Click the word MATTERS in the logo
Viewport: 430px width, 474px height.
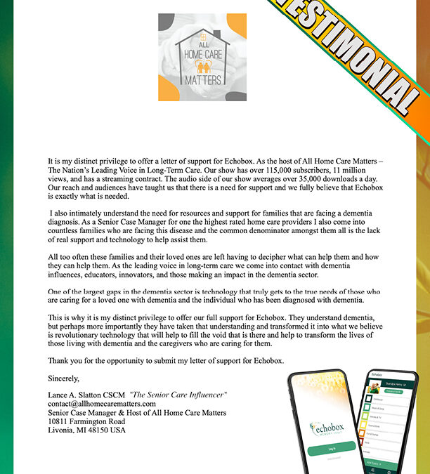click(x=202, y=79)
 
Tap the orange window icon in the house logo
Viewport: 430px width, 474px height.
click(x=202, y=34)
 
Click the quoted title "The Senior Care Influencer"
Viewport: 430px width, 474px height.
click(x=178, y=395)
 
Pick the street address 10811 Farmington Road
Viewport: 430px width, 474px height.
click(x=89, y=421)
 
